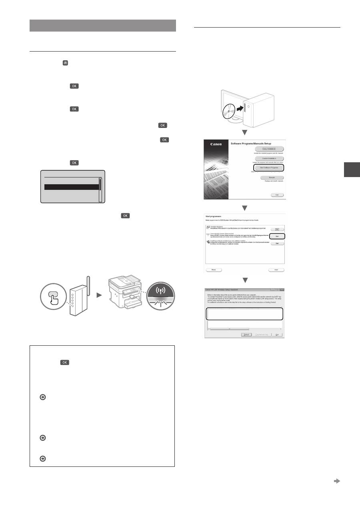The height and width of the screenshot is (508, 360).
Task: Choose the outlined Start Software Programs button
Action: [272, 168]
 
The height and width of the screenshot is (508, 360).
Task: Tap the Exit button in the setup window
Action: [276, 195]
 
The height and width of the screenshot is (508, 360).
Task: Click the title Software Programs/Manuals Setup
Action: [256, 143]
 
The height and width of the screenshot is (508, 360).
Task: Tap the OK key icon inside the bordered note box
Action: [65, 363]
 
